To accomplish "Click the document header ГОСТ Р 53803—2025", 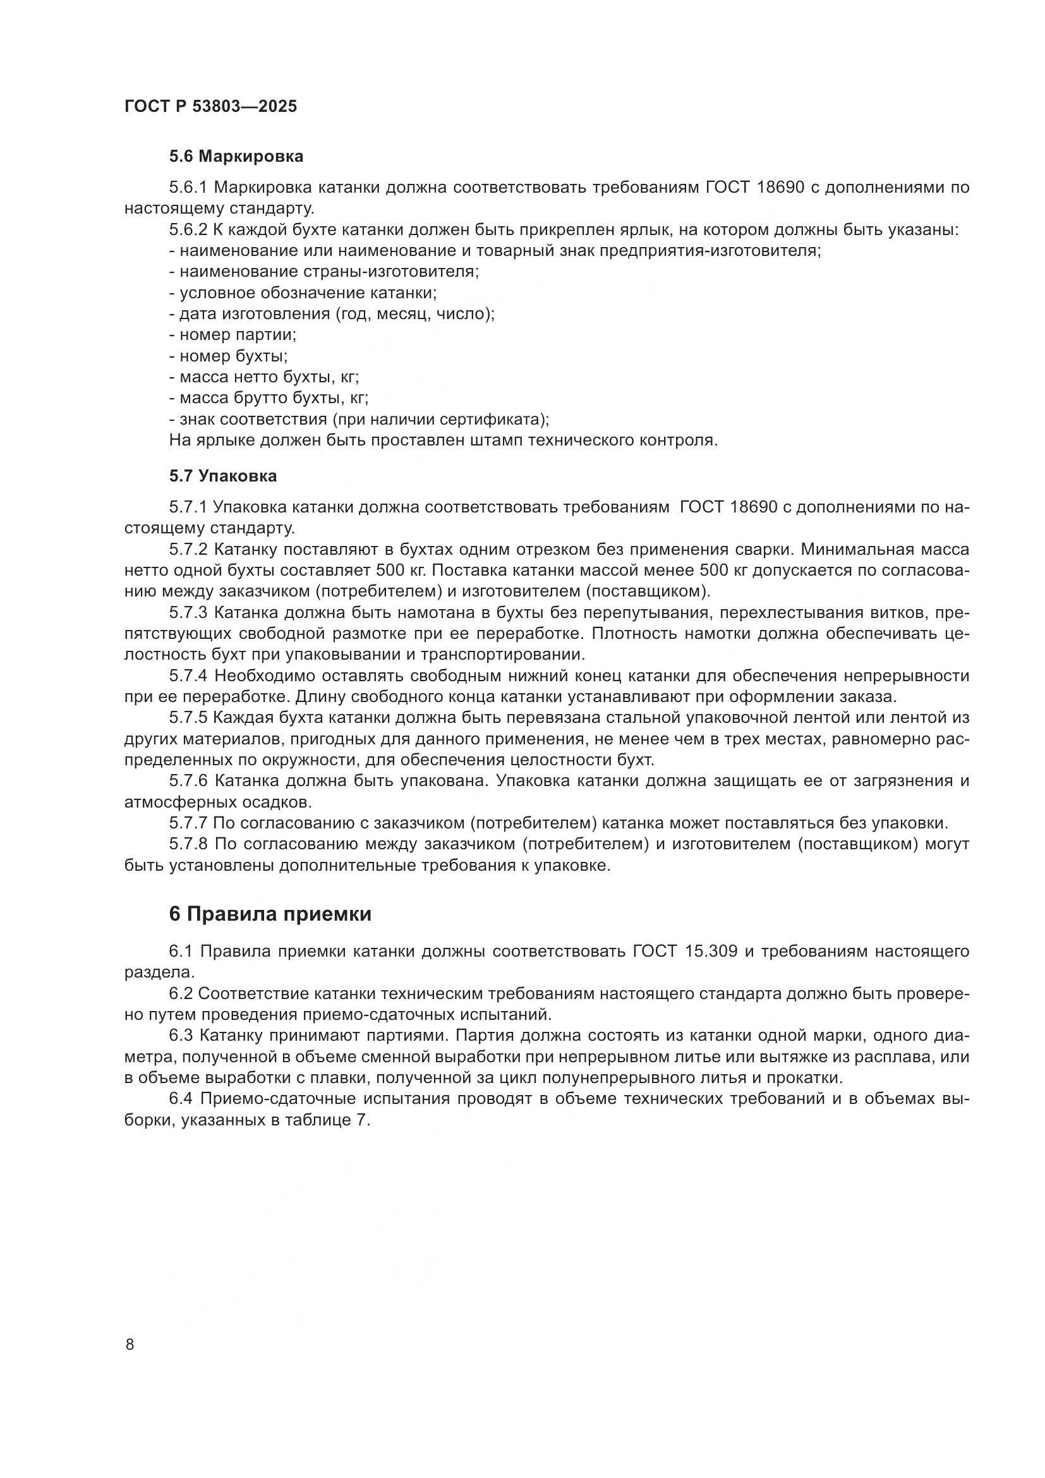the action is pyautogui.click(x=210, y=107).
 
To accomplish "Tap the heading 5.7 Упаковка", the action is pyautogui.click(x=223, y=476).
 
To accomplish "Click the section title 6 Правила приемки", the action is pyautogui.click(x=270, y=914).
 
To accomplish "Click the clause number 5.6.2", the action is pyautogui.click(x=188, y=230).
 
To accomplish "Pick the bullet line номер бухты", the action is pyautogui.click(x=229, y=356).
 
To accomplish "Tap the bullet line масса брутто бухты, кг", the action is pyautogui.click(x=269, y=398).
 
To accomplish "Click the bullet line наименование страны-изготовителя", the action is pyautogui.click(x=323, y=272).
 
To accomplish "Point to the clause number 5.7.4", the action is pyautogui.click(x=188, y=676).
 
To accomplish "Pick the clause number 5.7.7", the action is pyautogui.click(x=188, y=823).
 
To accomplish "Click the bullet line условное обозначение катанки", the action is pyautogui.click(x=303, y=293).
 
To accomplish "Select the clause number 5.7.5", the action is pyautogui.click(x=188, y=718).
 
